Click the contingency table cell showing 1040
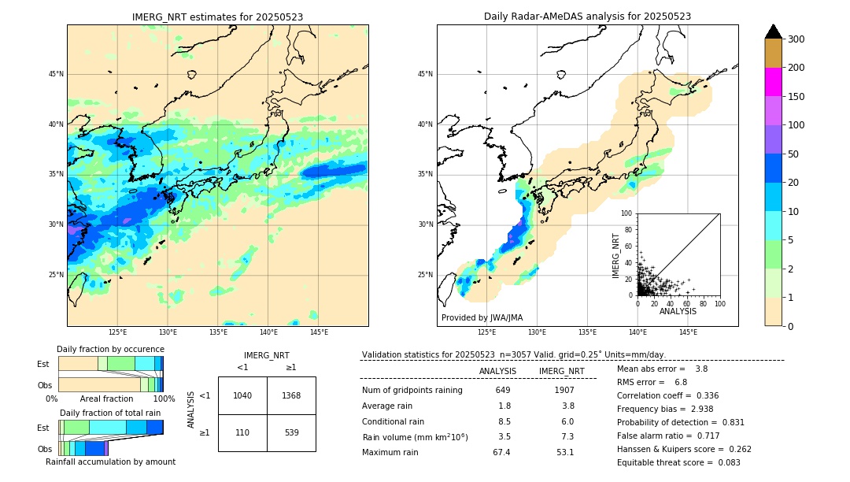point(242,395)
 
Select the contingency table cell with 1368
point(291,395)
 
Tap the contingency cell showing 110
point(242,432)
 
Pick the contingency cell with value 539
point(291,432)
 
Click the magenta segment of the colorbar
point(773,82)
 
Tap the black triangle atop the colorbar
point(773,32)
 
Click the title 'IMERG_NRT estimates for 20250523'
point(217,17)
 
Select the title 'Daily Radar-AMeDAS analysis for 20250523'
point(587,17)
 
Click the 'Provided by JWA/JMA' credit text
point(482,317)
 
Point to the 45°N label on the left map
point(56,74)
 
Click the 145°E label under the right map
point(688,332)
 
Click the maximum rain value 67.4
point(501,452)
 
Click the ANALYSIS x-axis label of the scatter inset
point(678,312)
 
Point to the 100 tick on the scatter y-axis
point(627,213)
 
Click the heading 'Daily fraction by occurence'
point(110,349)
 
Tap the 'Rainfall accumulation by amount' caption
point(110,462)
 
